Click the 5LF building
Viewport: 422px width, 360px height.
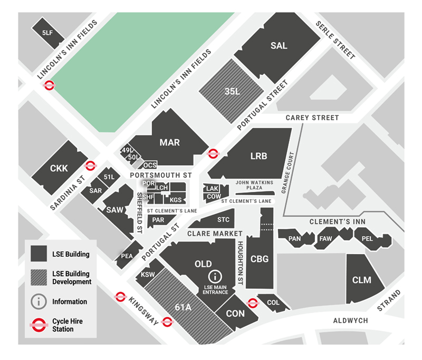tap(47, 33)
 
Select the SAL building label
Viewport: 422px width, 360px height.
tap(279, 46)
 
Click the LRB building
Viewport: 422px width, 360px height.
tap(258, 156)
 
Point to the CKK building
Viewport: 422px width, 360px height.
tap(59, 169)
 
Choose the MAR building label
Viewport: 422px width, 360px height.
tap(170, 142)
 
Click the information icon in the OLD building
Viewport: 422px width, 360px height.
tap(215, 276)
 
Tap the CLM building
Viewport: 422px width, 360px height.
tap(362, 280)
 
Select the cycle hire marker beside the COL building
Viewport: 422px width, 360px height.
tap(253, 303)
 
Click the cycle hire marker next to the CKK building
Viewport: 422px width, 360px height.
tap(90, 166)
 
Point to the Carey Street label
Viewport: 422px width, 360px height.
tap(312, 118)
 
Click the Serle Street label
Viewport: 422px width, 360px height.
tap(335, 40)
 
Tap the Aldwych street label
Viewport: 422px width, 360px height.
tap(351, 320)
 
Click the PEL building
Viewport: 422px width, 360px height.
tap(367, 239)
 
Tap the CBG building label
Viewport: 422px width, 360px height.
tap(260, 259)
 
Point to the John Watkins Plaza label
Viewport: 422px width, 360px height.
tap(254, 185)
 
